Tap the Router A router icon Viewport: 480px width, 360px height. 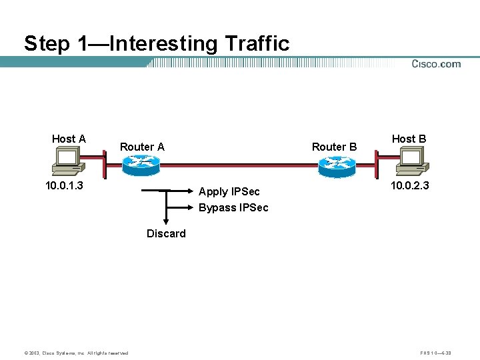[141, 165]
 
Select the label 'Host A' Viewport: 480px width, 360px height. [69, 139]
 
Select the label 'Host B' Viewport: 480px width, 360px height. [409, 139]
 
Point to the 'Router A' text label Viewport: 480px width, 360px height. [142, 147]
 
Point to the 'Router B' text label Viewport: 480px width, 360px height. [334, 147]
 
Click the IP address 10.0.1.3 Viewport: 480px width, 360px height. [64, 185]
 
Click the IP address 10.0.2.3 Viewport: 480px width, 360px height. [409, 185]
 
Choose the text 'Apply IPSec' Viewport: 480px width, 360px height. [229, 192]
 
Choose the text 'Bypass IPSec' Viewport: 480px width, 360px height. [233, 207]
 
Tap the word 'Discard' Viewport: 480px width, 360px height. [166, 233]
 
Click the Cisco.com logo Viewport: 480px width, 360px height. [436, 64]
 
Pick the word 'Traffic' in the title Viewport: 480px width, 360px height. [257, 44]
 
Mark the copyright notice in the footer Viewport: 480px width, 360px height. [76, 353]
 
